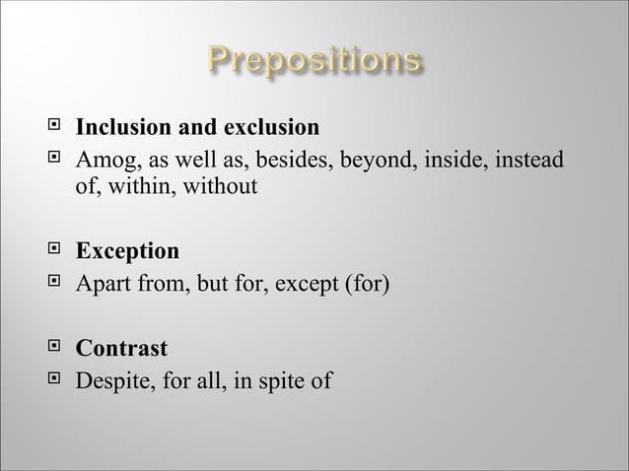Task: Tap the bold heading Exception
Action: click(x=128, y=251)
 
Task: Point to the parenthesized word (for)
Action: click(x=366, y=286)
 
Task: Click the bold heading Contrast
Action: click(x=121, y=349)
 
